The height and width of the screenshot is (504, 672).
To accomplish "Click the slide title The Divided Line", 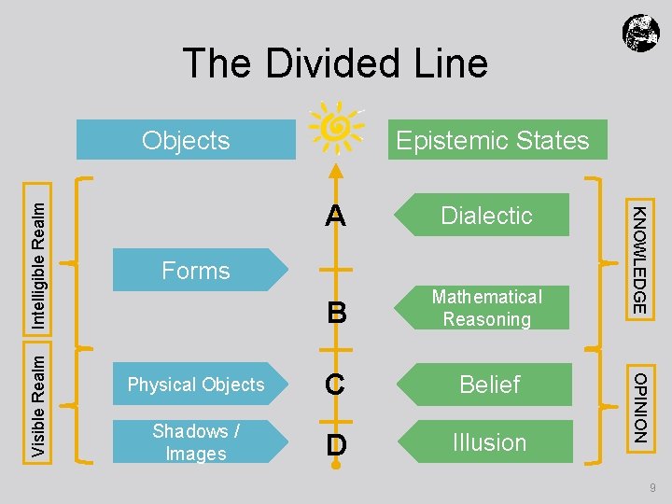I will [335, 63].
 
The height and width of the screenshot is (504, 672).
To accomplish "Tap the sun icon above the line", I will [335, 126].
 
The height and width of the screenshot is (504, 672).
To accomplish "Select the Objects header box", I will [187, 140].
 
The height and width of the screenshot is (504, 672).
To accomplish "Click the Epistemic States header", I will [492, 140].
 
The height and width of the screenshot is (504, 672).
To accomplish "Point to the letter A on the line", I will [336, 217].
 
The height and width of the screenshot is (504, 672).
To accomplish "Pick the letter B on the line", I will [336, 315].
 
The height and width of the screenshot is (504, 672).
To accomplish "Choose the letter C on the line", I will [336, 385].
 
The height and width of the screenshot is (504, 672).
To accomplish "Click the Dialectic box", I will [485, 215].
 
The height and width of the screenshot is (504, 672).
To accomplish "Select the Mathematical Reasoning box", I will [486, 308].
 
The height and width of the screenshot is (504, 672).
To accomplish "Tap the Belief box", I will [489, 385].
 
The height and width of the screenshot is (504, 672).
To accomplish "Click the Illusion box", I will [489, 442].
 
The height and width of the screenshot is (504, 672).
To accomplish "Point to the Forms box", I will [196, 271].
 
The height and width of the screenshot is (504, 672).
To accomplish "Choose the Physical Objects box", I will [196, 385].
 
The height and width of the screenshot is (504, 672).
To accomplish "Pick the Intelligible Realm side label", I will [38, 254].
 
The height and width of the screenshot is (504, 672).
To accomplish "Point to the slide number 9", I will [652, 488].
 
